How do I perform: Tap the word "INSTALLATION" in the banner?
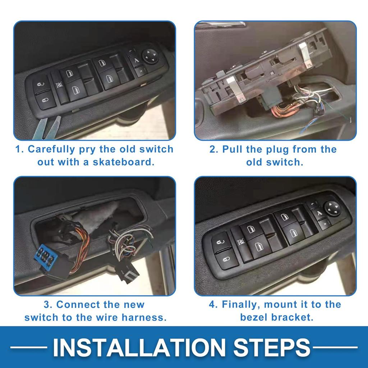(139, 348)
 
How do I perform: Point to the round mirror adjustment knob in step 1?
(150, 56)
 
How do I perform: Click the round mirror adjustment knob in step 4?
(332, 208)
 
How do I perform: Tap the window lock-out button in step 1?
(59, 86)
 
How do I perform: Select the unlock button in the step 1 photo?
(42, 84)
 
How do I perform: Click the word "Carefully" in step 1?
(51, 149)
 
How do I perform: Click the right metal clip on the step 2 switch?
(306, 55)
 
